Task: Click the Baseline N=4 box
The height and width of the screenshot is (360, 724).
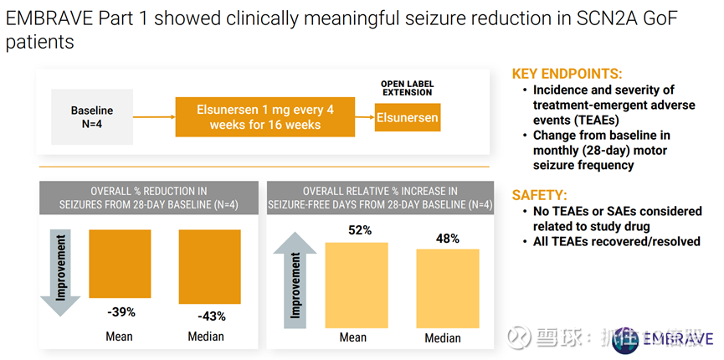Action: point(91,117)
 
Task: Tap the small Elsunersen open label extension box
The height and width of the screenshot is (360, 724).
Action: point(407,118)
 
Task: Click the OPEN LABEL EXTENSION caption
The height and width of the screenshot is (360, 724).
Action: point(407,88)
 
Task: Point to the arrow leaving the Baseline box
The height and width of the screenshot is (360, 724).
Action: point(153,117)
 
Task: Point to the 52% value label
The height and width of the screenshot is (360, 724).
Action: point(361,230)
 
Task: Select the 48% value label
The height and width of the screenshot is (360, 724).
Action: point(448,239)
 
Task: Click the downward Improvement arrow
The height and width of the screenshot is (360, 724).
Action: point(59,272)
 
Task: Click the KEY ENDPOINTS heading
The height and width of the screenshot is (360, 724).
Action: point(567,74)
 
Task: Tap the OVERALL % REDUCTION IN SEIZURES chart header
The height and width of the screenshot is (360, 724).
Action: point(148,198)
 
